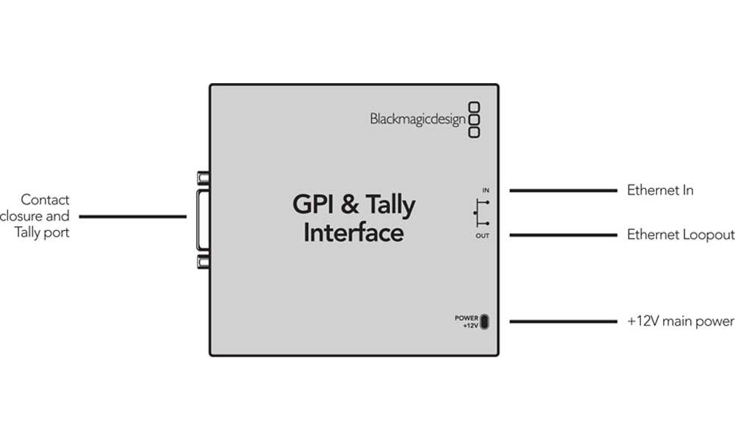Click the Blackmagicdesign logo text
417,118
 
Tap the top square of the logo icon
474,107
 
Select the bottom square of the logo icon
474,132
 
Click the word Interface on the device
354,233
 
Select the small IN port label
485,190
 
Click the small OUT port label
482,236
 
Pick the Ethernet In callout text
660,190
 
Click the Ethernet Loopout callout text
680,235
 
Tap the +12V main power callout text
680,321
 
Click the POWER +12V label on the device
467,321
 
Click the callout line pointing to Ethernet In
563,190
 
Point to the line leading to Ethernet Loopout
563,235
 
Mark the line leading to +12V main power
563,321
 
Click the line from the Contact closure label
132,216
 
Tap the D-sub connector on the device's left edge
203,220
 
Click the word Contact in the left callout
46,200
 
